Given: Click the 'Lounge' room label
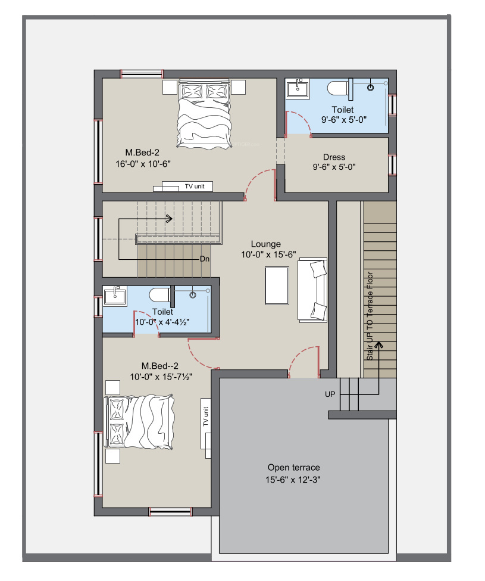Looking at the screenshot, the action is (265, 244).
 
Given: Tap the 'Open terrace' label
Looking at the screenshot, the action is (294, 468).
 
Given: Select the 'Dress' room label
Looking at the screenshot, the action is (334, 157).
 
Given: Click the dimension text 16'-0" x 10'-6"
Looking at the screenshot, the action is (143, 164).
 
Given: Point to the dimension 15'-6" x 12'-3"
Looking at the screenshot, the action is (293, 480).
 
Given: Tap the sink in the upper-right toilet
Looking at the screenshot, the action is (298, 89).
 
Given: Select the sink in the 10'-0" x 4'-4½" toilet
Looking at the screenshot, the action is (115, 296).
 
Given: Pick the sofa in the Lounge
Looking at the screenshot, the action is (312, 290).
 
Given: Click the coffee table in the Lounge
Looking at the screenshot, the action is (277, 285).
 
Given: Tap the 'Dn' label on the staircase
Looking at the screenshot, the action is (205, 259).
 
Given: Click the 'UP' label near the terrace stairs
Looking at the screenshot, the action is (330, 394).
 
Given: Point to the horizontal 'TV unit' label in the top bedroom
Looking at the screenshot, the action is (195, 187).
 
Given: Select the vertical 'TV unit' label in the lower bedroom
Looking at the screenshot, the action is (206, 417).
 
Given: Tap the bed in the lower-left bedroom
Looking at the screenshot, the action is (139, 422).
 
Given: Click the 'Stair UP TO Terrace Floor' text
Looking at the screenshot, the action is (370, 316).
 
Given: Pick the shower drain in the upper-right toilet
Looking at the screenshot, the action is (370, 88).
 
